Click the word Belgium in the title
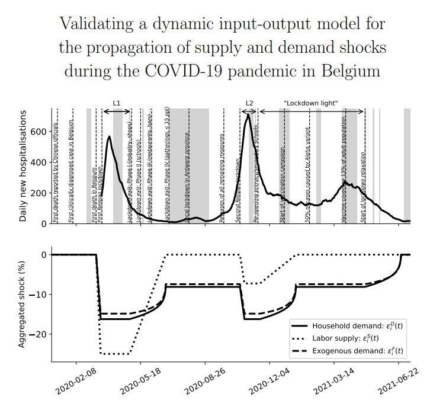point(347,71)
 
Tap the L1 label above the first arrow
point(117,103)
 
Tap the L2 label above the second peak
point(249,103)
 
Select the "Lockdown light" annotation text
point(310,103)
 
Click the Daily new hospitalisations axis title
point(23,166)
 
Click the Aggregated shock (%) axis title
point(22,304)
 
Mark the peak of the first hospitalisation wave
point(109,137)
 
